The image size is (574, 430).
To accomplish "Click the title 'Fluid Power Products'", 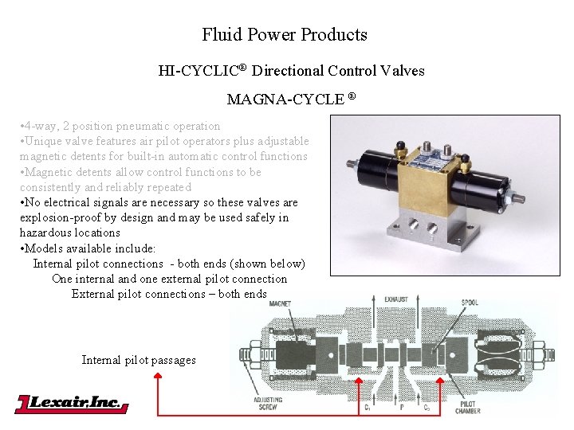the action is (x=285, y=35).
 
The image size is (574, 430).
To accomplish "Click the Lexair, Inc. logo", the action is (x=72, y=404).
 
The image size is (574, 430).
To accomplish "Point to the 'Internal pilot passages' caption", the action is (x=139, y=360).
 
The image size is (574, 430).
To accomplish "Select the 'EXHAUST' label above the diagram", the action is (x=395, y=299).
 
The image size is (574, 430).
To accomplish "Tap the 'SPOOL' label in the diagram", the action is (x=470, y=303).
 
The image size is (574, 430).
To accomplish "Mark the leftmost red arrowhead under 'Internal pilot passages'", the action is (x=158, y=381).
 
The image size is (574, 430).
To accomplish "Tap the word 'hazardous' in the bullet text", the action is (x=45, y=233).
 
